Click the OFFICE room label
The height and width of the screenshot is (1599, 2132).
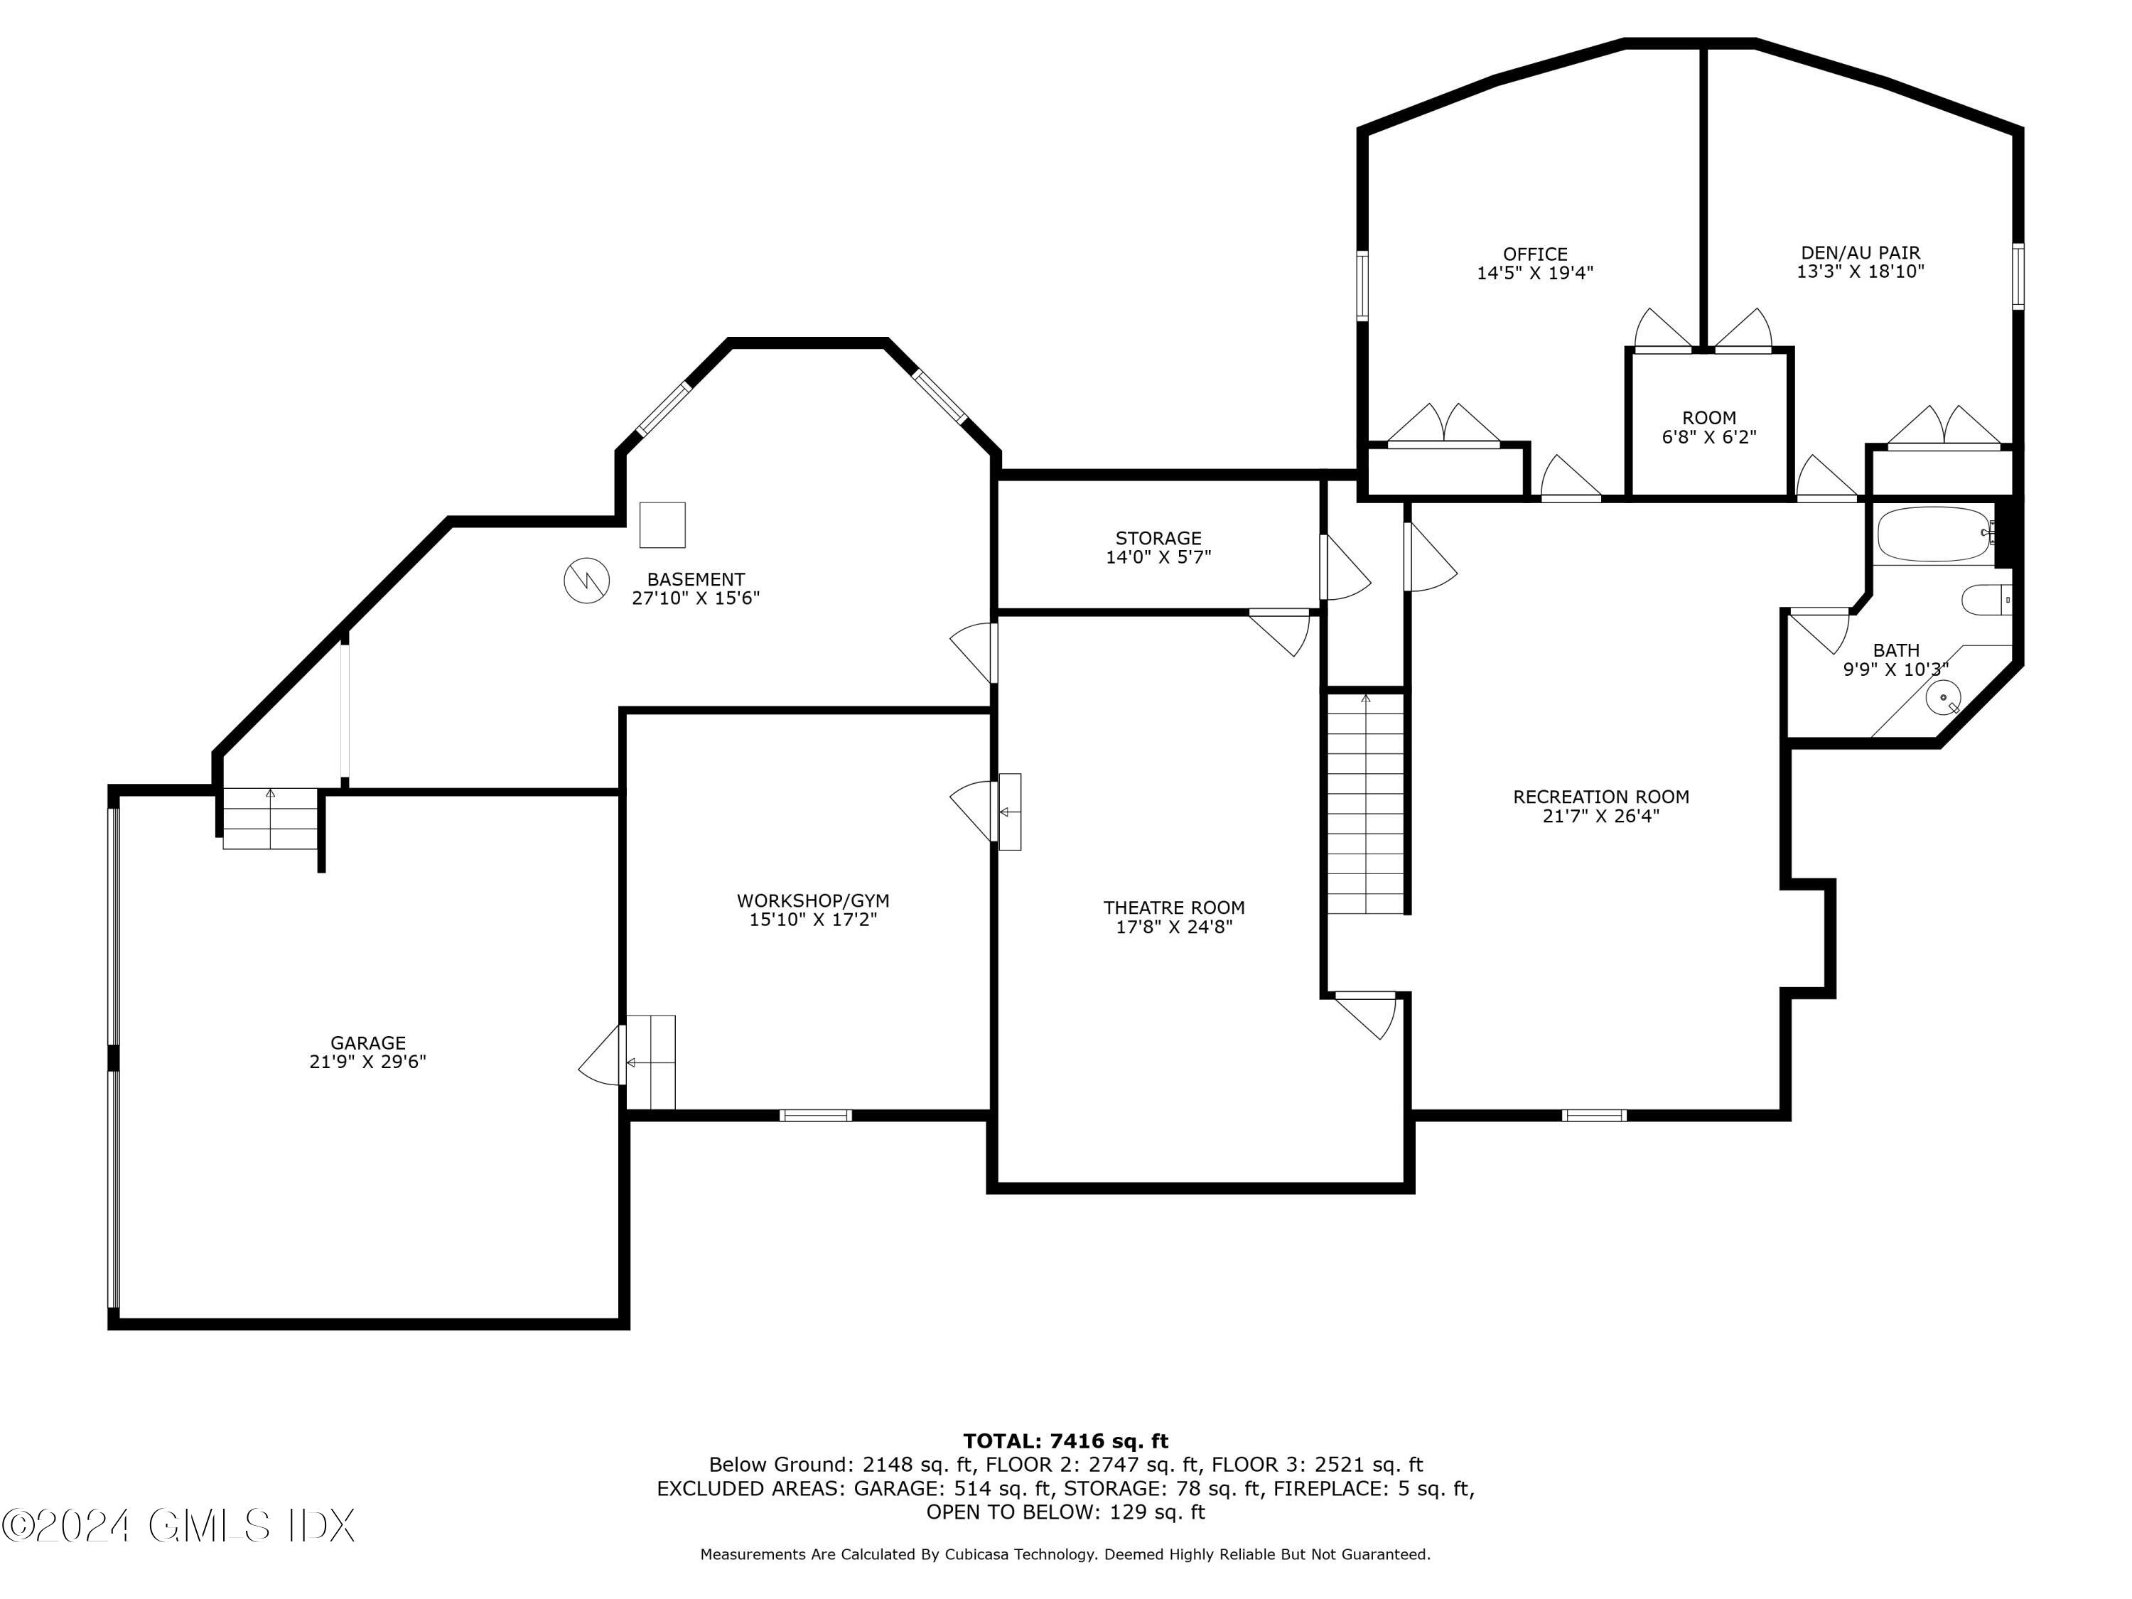coord(1534,254)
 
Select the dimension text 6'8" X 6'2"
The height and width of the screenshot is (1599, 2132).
coord(1709,436)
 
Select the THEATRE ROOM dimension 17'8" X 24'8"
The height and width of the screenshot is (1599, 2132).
coord(1174,927)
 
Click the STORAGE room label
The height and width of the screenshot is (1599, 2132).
coord(1158,538)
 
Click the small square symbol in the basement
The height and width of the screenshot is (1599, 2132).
coord(662,524)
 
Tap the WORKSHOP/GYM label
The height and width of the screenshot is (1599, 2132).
coord(812,900)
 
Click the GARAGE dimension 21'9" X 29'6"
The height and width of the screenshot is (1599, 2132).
coord(367,1061)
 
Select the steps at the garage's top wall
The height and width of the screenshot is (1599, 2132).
coord(270,818)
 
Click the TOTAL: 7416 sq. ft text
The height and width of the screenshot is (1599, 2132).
coord(1065,1441)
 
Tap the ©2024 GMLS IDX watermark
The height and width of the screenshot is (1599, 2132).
coord(178,1525)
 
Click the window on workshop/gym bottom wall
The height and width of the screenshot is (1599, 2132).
coord(815,1115)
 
